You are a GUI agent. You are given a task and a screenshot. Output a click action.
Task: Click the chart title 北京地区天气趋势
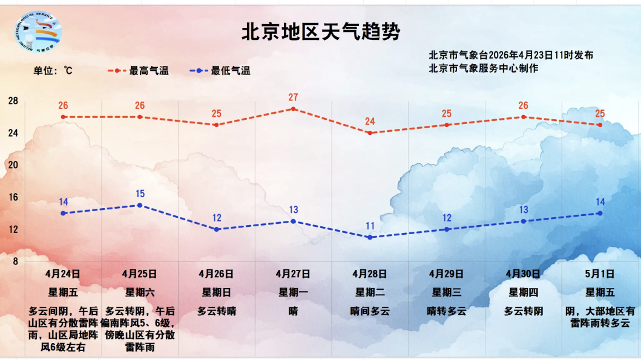[x=321, y=31]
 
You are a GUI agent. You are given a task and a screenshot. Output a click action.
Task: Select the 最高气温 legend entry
[x=139, y=71]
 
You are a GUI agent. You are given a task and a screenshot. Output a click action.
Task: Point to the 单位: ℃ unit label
[x=53, y=71]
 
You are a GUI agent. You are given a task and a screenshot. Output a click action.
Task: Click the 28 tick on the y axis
[x=13, y=100]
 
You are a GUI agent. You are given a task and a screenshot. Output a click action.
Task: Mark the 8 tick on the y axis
[x=15, y=261]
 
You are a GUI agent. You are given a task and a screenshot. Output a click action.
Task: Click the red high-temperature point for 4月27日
[x=294, y=109]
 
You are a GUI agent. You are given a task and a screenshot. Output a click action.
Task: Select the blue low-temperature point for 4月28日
[x=370, y=237]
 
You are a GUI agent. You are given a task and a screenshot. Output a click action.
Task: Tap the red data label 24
[x=370, y=122]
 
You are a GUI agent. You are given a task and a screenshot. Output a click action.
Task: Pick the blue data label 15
[x=140, y=194]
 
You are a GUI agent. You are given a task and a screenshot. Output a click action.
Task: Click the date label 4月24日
[x=63, y=274]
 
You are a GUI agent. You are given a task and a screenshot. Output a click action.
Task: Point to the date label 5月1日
[x=600, y=274]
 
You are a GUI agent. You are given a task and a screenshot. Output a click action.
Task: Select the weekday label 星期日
[x=217, y=293]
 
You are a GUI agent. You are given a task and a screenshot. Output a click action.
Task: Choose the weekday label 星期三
[x=447, y=293]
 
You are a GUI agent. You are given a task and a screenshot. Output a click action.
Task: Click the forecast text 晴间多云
[x=370, y=312]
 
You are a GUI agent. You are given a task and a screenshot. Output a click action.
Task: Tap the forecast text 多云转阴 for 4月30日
[x=524, y=312]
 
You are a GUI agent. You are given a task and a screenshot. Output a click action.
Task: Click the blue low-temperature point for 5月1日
[x=600, y=213]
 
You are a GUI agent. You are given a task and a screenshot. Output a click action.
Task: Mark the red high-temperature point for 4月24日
[x=63, y=117]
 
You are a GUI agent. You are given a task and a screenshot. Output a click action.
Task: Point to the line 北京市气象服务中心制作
[x=483, y=68]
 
